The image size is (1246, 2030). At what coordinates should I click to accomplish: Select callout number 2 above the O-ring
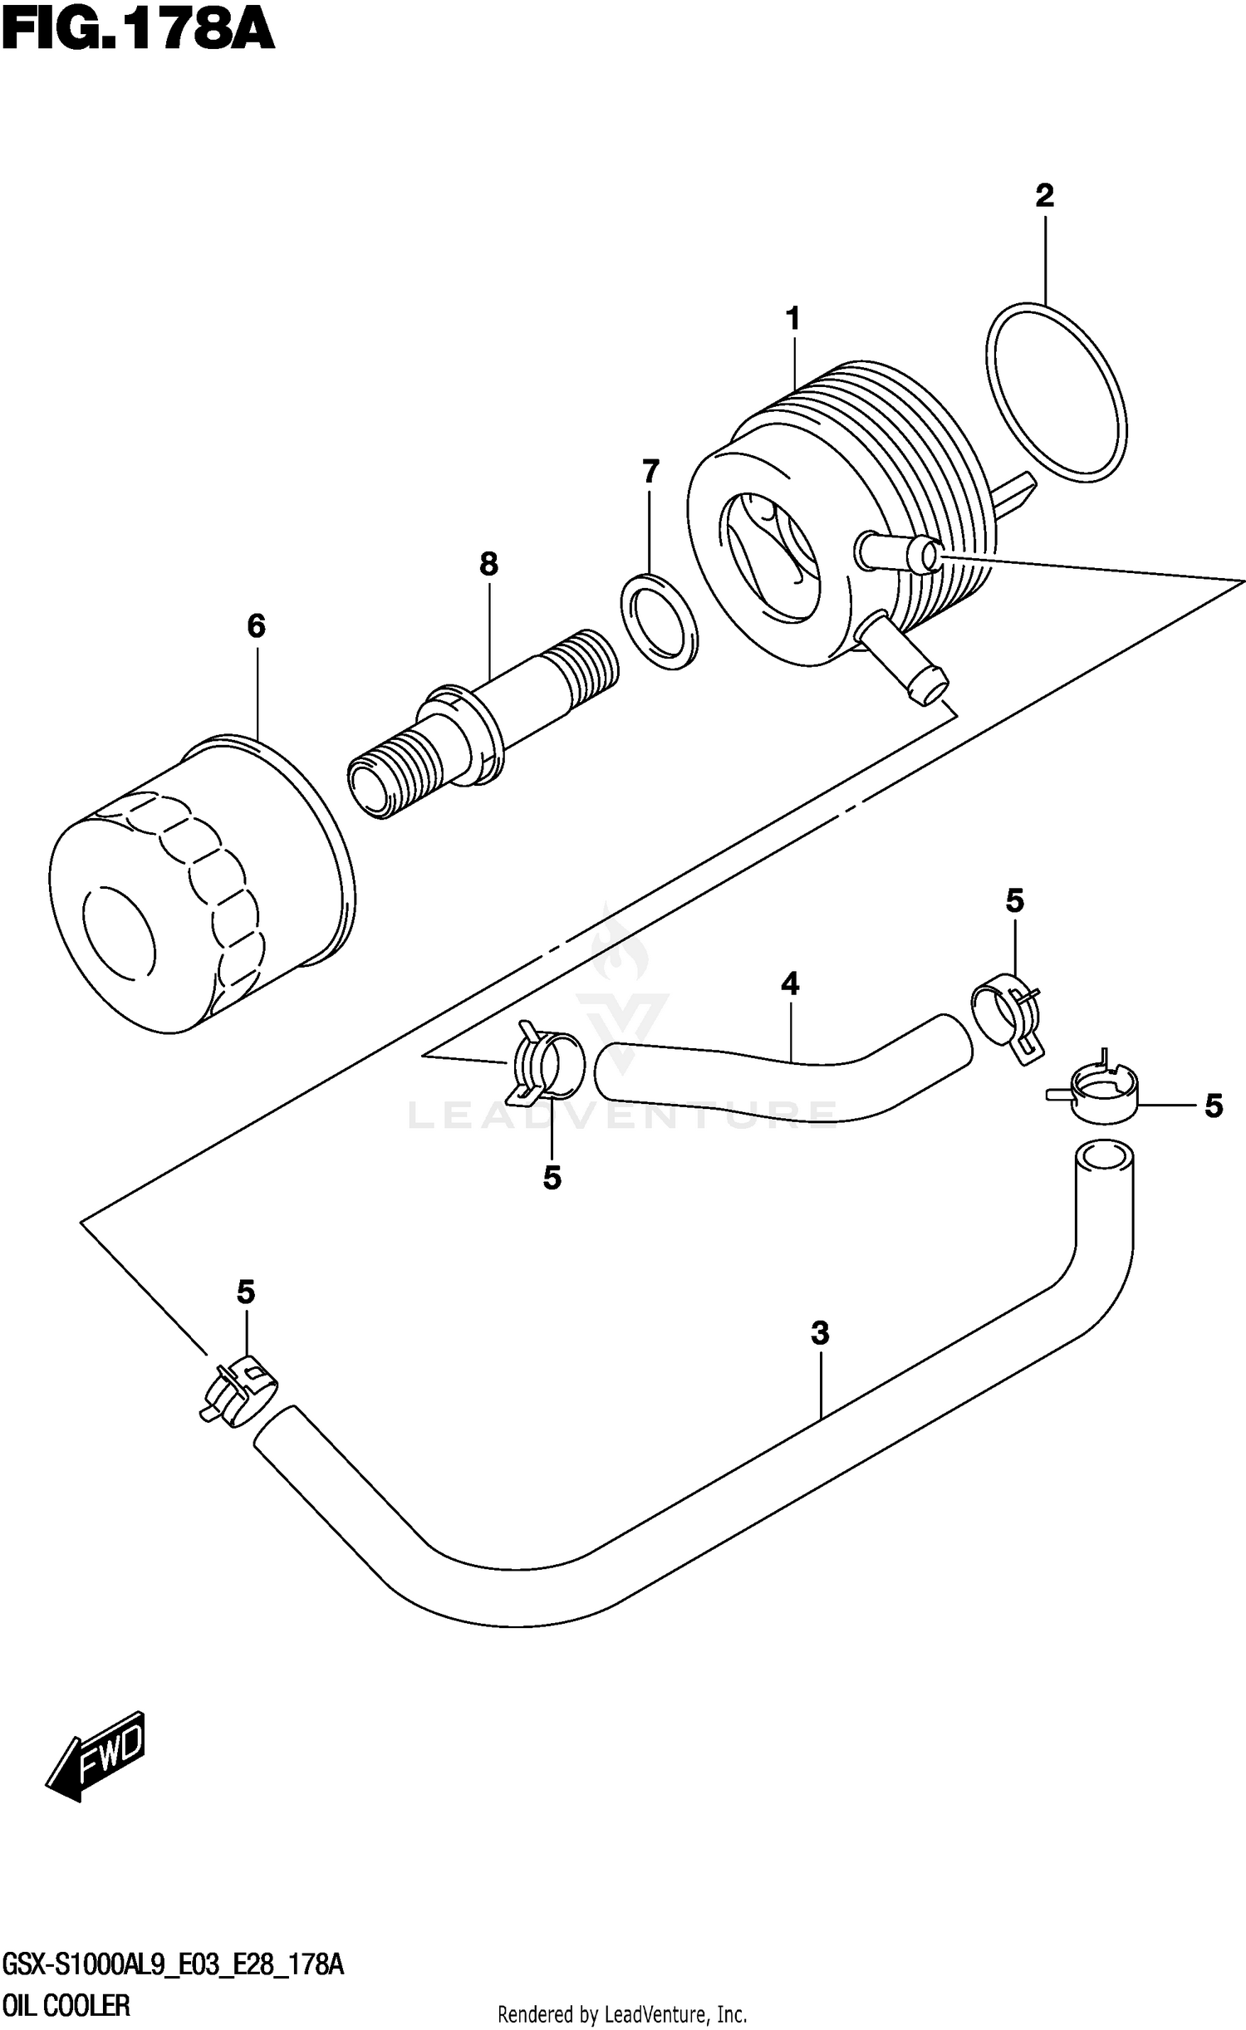click(x=1044, y=196)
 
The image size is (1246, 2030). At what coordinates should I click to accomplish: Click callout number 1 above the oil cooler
click(x=793, y=318)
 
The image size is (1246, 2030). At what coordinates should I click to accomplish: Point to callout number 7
click(x=650, y=472)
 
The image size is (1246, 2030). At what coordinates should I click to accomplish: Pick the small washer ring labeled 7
click(x=660, y=620)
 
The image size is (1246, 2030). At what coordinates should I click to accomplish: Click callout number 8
click(x=488, y=565)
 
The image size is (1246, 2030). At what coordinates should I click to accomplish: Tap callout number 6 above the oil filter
click(x=256, y=626)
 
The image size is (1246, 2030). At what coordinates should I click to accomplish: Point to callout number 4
click(x=790, y=984)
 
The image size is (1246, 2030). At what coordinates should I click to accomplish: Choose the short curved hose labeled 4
click(x=781, y=1076)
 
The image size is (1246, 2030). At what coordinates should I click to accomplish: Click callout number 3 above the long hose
click(x=820, y=1333)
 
